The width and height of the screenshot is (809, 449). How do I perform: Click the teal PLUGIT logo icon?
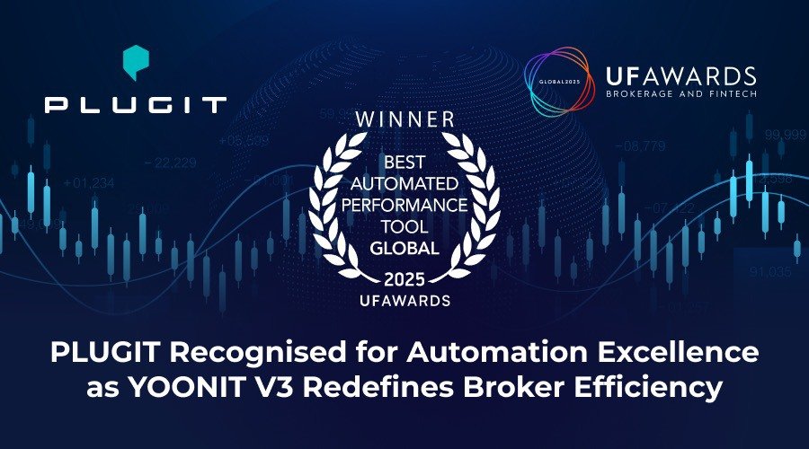(135, 63)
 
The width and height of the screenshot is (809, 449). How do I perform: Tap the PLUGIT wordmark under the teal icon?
(135, 105)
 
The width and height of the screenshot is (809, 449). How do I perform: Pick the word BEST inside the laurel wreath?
(404, 165)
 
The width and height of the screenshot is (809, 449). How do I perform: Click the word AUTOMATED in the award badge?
(404, 185)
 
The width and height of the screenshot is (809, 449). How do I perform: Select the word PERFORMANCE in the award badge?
(404, 205)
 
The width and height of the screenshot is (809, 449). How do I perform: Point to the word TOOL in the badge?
(404, 225)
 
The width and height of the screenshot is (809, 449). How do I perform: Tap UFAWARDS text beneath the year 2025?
(404, 300)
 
